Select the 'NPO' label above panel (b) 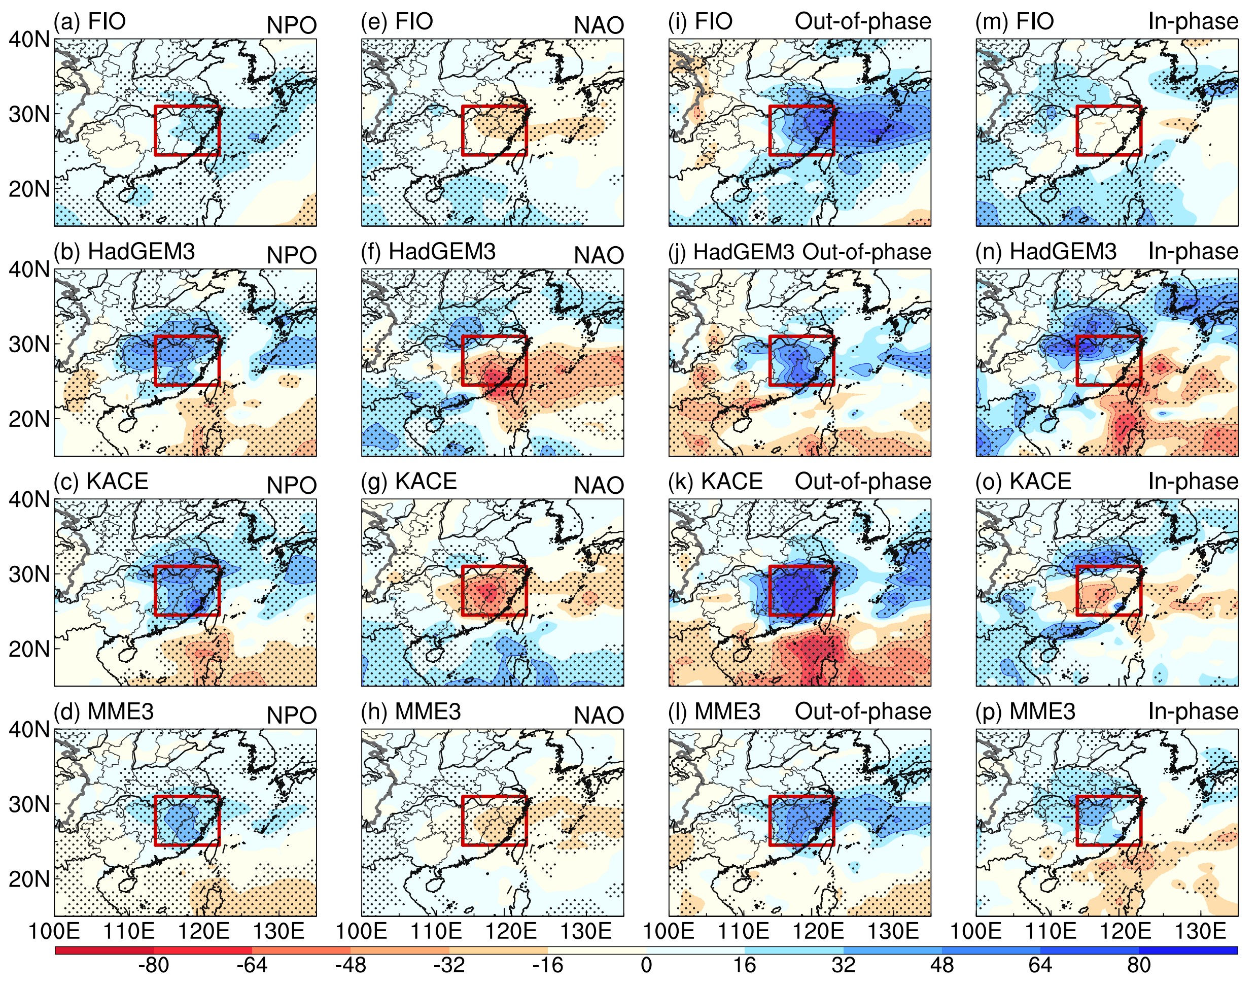pyautogui.click(x=292, y=255)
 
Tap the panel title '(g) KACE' pyautogui.click(x=409, y=482)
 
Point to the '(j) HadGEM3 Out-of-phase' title pyautogui.click(x=799, y=252)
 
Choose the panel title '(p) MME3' pyautogui.click(x=1025, y=711)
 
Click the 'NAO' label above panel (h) pyautogui.click(x=599, y=716)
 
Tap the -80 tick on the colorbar pyautogui.click(x=153, y=965)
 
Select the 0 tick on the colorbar pyautogui.click(x=646, y=965)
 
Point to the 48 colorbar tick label pyautogui.click(x=941, y=965)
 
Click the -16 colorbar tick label pyautogui.click(x=547, y=965)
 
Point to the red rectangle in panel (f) pyautogui.click(x=495, y=336)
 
